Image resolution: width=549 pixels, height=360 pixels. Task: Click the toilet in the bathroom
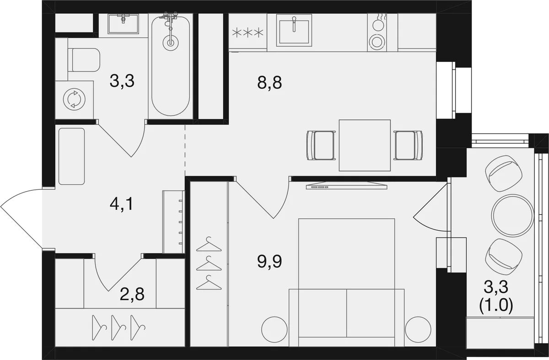[84, 60]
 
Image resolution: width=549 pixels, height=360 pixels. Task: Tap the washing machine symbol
[74, 100]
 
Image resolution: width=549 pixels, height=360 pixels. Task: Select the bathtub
[171, 65]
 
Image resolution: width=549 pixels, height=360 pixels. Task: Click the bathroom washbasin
[123, 23]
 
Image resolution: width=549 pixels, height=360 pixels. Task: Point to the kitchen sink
[294, 30]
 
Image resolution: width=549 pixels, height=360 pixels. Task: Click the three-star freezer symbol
[248, 33]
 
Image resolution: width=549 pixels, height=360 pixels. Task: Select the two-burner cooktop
[377, 32]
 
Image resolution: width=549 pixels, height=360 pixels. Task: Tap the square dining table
[365, 145]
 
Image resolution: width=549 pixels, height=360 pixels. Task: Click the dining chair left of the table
[321, 145]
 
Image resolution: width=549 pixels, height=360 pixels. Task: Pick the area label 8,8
[269, 83]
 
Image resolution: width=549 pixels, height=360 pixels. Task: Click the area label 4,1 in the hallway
[122, 204]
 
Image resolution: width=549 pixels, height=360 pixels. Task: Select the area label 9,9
[269, 262]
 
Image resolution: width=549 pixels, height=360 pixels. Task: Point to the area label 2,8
[132, 294]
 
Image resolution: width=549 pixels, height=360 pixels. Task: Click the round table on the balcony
[513, 215]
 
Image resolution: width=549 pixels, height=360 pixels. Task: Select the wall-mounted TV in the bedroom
[347, 186]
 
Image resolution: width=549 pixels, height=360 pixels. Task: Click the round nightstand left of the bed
[274, 330]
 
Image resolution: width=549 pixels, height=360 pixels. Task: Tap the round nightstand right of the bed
[418, 330]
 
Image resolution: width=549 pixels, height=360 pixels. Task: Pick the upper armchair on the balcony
[504, 173]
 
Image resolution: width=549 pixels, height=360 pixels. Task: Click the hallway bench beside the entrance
[71, 156]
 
